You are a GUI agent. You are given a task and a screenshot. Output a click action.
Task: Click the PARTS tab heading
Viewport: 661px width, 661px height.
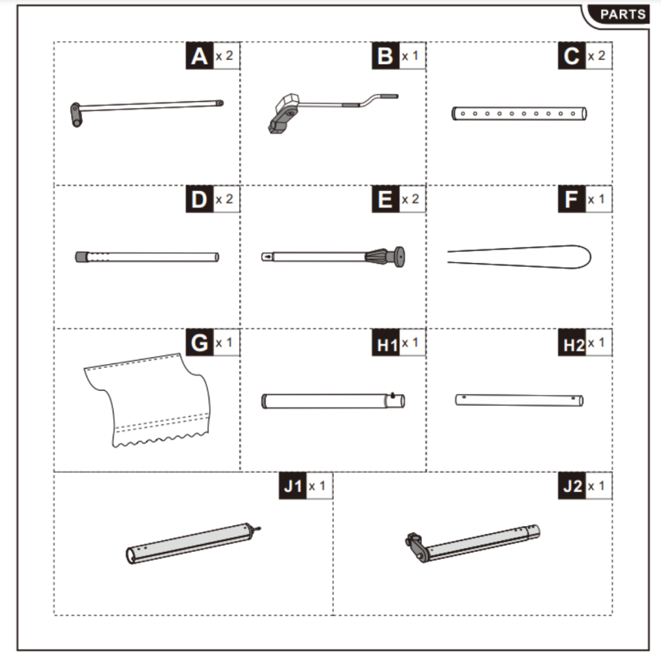622,15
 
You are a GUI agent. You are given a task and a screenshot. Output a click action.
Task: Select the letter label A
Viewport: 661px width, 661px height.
199,57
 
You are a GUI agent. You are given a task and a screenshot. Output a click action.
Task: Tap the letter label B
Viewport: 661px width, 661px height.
385,57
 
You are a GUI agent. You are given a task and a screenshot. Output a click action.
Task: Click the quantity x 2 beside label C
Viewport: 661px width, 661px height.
596,56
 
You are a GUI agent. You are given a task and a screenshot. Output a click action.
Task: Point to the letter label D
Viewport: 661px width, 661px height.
199,200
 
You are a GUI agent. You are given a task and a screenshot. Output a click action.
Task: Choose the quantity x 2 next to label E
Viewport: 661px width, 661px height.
410,199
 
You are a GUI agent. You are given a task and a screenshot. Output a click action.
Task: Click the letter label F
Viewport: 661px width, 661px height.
571,200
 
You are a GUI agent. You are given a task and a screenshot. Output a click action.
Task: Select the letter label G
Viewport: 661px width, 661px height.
199,343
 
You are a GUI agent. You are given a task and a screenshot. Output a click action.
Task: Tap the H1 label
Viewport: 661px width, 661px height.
387,345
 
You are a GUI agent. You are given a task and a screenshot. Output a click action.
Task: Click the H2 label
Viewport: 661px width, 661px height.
573,345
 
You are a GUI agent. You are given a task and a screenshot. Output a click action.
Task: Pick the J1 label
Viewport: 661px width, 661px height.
293,487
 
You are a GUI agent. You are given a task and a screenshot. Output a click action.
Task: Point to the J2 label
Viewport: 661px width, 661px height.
572,487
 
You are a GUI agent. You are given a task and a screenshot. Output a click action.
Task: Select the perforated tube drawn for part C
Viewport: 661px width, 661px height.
519,114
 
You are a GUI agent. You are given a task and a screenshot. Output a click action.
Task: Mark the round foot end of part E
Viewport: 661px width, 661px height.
398,256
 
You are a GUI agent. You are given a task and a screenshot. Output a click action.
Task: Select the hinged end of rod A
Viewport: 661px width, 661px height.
77,114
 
